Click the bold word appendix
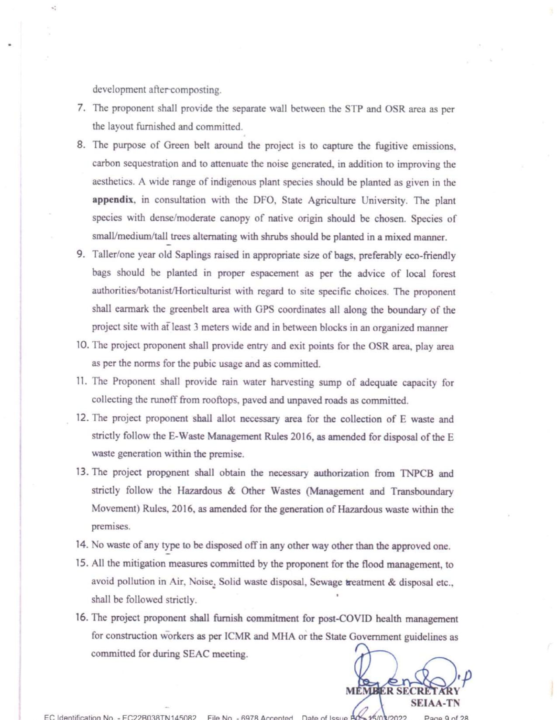click(x=113, y=200)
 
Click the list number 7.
click(x=81, y=108)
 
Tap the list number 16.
click(x=82, y=617)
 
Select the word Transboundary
click(x=422, y=491)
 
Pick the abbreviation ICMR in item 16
click(x=237, y=636)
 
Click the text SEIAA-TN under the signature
click(x=435, y=703)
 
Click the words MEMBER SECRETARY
click(x=402, y=691)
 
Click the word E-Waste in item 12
click(x=187, y=436)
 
